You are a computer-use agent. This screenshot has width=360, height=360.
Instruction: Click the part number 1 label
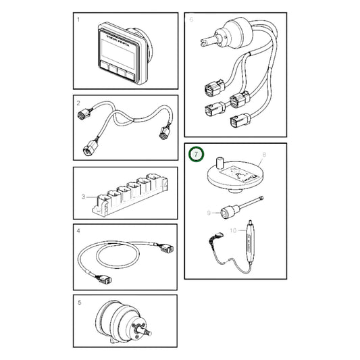click(79, 20)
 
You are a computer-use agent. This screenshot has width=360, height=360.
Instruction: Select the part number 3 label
click(83, 197)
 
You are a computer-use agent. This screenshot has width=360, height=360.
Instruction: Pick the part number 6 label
click(191, 20)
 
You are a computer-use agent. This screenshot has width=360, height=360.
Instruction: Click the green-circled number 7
click(196, 155)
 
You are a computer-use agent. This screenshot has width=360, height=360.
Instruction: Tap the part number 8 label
click(264, 155)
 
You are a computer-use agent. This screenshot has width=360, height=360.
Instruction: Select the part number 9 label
click(210, 212)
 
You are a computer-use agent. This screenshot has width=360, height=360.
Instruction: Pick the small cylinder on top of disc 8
click(220, 162)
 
